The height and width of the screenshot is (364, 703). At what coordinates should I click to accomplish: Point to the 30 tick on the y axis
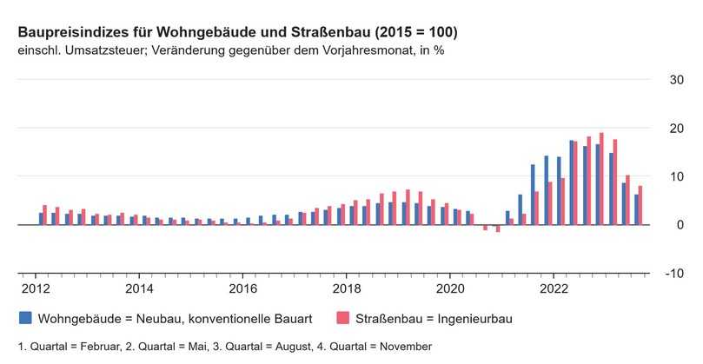[x=674, y=80]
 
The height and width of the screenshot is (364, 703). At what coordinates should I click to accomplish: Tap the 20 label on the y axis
[x=674, y=129]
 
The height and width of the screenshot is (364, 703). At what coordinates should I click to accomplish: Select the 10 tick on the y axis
[x=674, y=176]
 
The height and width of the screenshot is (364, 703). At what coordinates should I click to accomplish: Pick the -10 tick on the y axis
[x=673, y=273]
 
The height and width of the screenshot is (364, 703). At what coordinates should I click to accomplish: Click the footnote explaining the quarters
[x=224, y=346]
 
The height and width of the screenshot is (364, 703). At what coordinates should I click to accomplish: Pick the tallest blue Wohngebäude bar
[x=572, y=182]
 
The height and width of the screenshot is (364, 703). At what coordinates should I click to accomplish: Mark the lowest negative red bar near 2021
[x=498, y=228]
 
